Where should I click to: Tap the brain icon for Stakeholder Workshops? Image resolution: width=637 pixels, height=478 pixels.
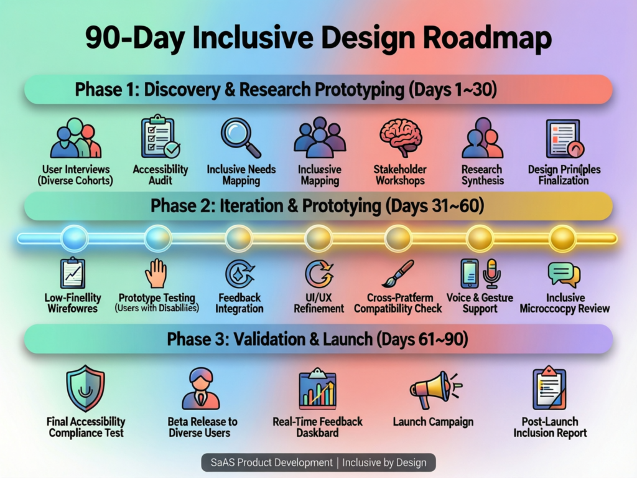click(399, 138)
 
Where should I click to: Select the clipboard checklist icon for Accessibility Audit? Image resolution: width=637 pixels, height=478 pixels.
click(160, 136)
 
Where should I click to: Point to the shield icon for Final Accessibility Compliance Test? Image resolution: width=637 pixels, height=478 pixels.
click(85, 388)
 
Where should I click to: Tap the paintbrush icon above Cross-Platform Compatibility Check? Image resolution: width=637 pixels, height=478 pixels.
click(398, 273)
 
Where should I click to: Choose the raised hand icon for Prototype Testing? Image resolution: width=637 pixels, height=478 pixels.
click(156, 273)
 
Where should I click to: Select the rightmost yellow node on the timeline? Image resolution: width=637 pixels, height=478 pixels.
click(563, 238)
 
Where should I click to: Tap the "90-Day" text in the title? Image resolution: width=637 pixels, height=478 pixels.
click(128, 39)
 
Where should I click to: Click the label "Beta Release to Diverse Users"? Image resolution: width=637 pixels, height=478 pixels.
click(202, 427)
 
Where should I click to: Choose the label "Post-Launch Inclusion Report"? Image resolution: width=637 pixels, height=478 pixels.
click(550, 427)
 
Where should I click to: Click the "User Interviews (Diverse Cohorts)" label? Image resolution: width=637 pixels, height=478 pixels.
click(76, 175)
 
